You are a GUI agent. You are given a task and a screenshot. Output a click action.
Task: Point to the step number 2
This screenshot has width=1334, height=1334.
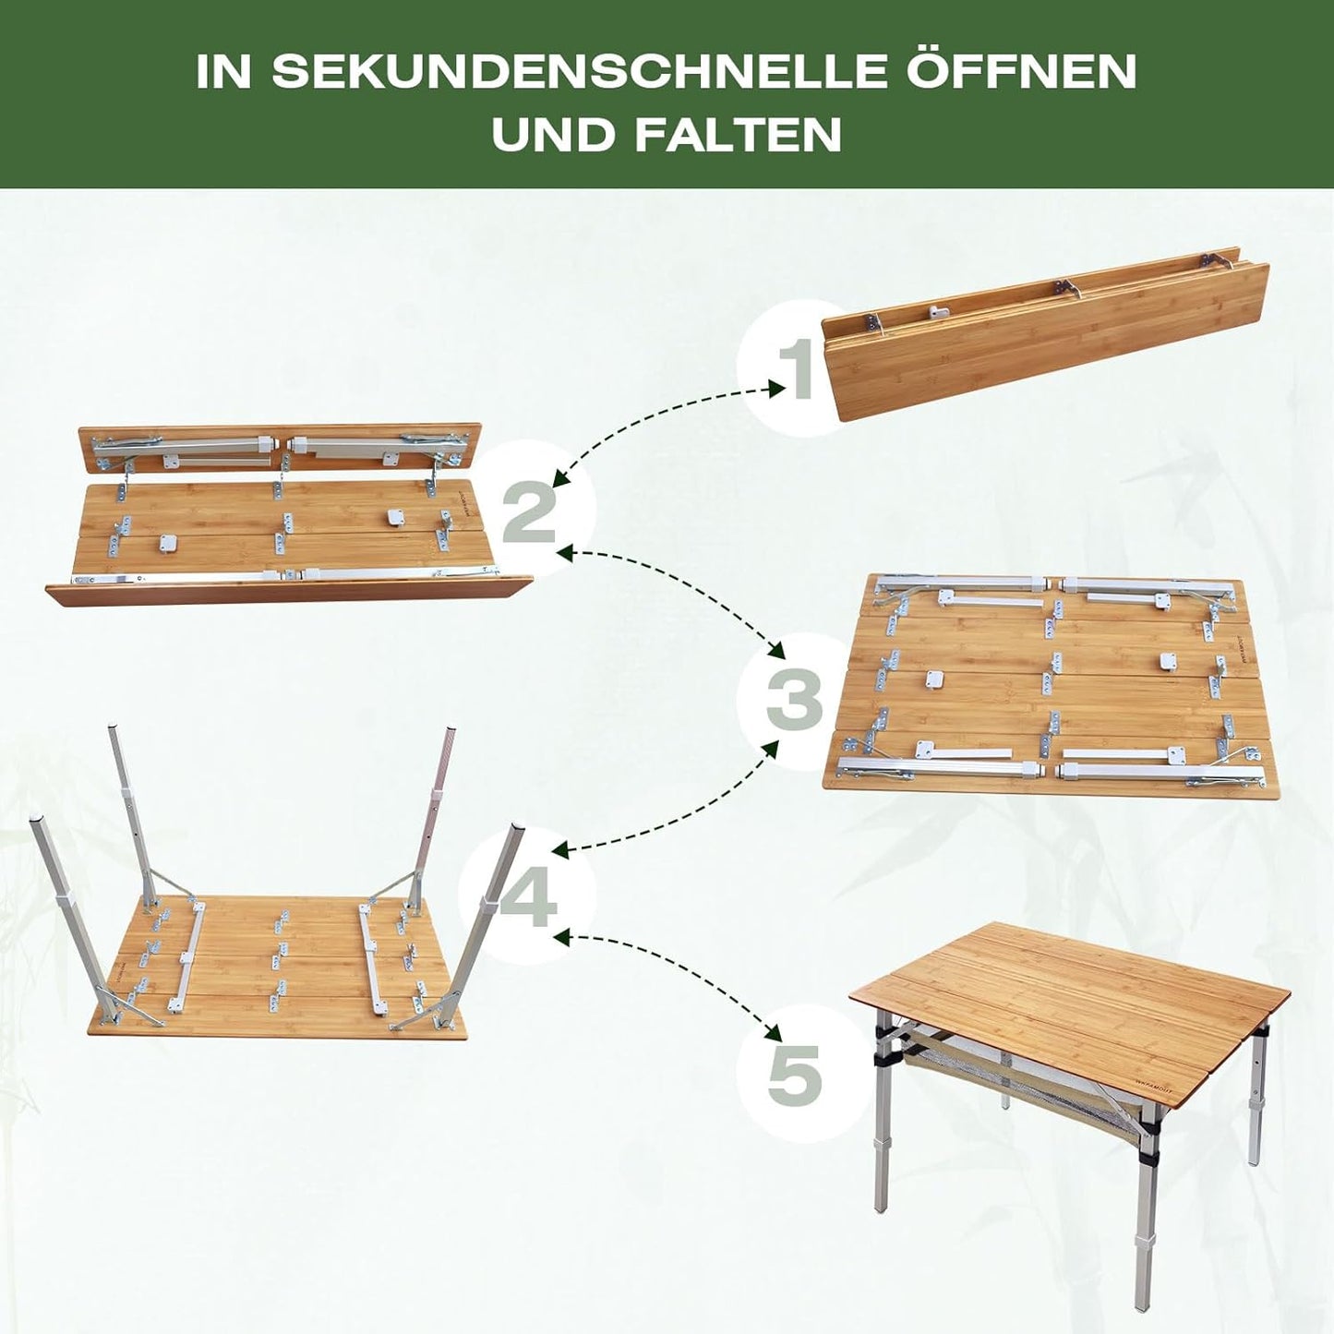coord(529,512)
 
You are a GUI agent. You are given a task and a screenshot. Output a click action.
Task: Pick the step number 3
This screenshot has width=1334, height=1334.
coord(795,702)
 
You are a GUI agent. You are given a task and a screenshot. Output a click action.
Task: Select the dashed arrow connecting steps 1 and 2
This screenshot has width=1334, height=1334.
coord(665,419)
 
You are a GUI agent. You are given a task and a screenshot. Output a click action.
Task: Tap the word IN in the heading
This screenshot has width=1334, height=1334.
coord(222,70)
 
